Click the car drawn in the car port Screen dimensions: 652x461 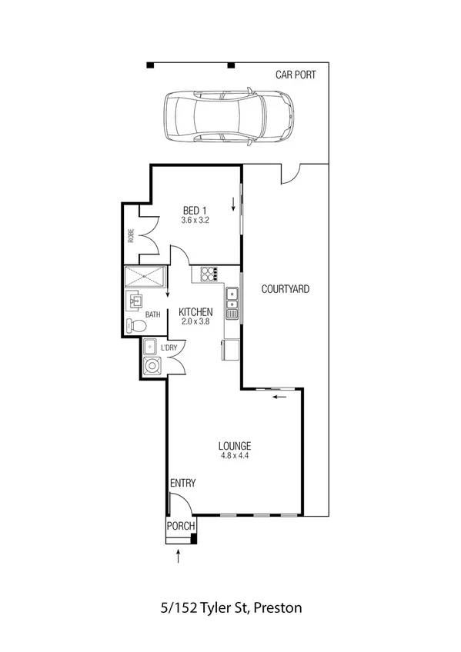229,116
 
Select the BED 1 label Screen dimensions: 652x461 195,210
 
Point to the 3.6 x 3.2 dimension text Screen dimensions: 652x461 195,221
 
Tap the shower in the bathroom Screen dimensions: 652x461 145,277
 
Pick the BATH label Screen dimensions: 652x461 153,314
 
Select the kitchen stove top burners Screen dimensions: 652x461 209,273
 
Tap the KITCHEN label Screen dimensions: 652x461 195,312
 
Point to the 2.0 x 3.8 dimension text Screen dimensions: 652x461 195,323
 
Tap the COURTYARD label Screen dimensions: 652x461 286,290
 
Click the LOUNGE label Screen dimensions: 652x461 235,445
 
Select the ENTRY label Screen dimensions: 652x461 183,484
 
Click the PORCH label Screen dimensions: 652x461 182,527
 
